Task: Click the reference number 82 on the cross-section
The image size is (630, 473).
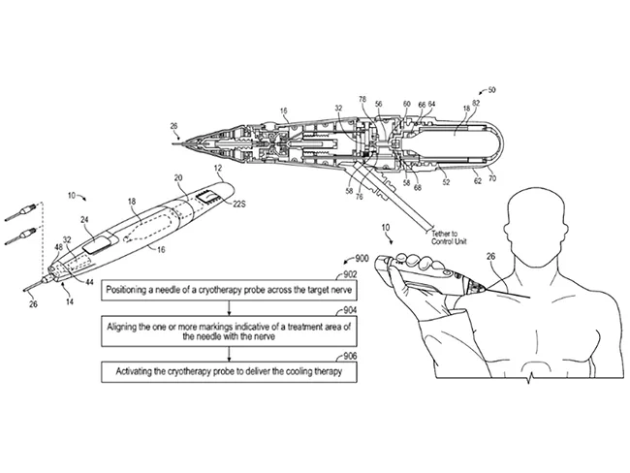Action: pos(476,101)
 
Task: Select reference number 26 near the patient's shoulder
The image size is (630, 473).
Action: pos(492,256)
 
